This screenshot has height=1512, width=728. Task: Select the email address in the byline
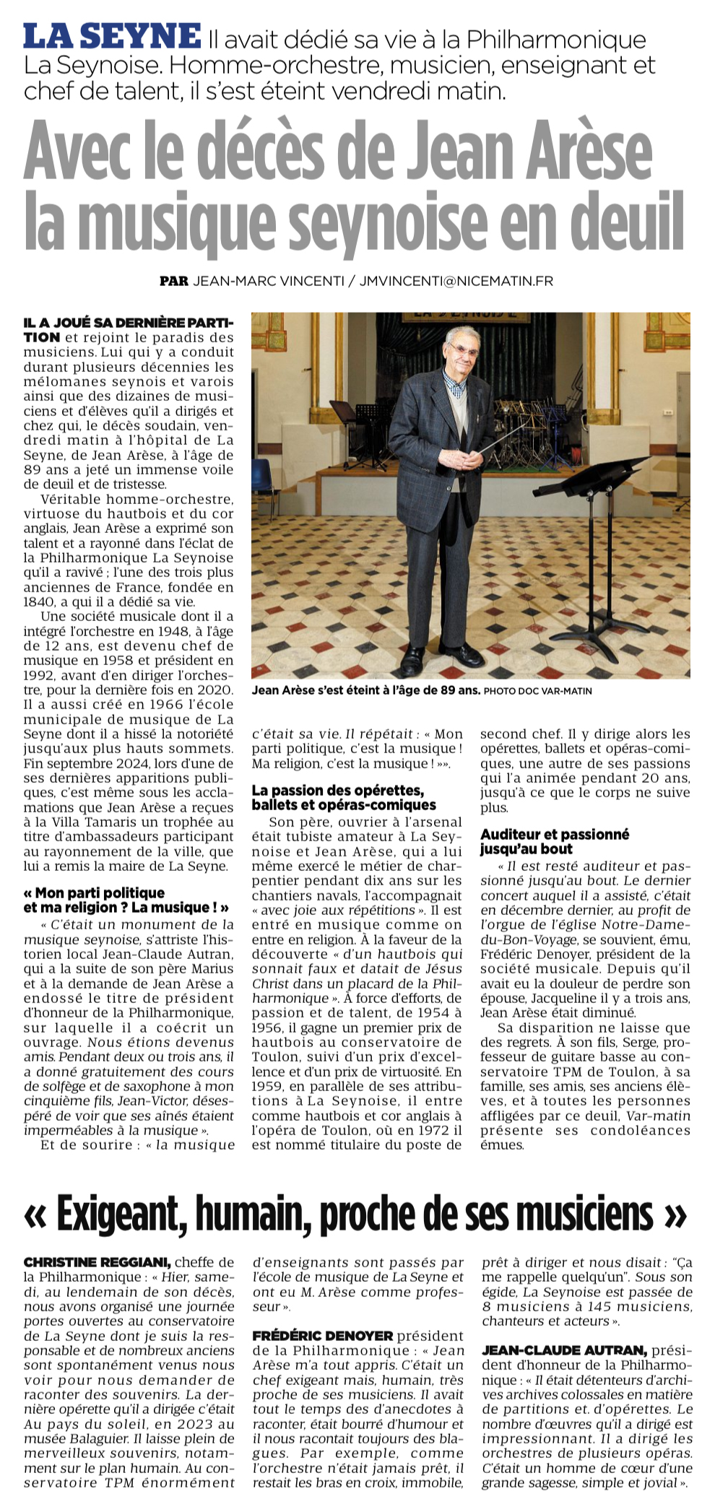(x=456, y=281)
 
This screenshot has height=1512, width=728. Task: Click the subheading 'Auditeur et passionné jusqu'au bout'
(x=554, y=841)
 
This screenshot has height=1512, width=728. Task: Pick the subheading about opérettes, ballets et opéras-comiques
(x=344, y=797)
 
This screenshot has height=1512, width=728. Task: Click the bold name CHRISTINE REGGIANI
(x=97, y=1262)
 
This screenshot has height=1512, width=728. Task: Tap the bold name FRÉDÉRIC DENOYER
(x=323, y=1336)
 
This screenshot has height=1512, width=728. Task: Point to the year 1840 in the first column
(x=38, y=601)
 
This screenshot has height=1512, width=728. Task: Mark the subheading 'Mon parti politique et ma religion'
(x=126, y=900)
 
